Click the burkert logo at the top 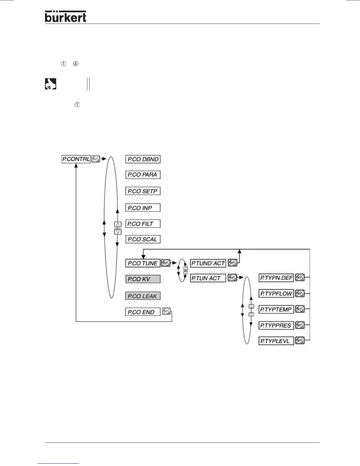[x=66, y=17]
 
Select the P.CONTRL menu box [x=76, y=159]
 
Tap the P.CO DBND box [x=143, y=159]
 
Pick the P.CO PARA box [x=143, y=175]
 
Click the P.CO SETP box [x=143, y=191]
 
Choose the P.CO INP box [x=143, y=208]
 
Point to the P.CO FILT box [x=143, y=224]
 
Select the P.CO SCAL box [x=143, y=239]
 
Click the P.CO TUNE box [x=143, y=263]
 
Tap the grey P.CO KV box [x=143, y=279]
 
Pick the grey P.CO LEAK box [x=143, y=296]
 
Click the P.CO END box [x=143, y=312]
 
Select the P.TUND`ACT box [x=208, y=263]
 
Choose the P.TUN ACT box [x=208, y=278]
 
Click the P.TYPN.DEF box [x=276, y=278]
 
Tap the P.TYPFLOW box [x=276, y=294]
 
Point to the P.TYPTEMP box [x=276, y=309]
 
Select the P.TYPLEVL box [x=276, y=341]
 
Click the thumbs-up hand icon [x=50, y=84]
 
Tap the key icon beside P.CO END [x=166, y=312]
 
